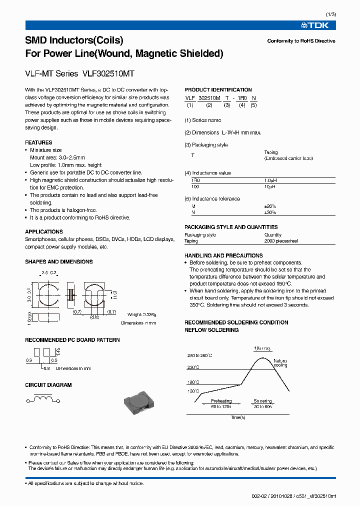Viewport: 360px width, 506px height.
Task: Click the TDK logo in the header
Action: coord(322,25)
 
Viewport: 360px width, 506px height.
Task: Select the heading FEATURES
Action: coord(38,142)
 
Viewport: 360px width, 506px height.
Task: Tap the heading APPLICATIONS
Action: coord(44,231)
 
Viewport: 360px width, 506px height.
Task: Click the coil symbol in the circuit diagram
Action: coord(42,399)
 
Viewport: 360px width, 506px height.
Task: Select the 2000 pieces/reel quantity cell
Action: coord(281,241)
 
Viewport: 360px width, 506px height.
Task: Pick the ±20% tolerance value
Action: coord(270,206)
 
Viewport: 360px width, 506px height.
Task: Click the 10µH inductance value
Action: coord(269,186)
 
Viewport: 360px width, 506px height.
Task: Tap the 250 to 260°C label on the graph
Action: coord(200,355)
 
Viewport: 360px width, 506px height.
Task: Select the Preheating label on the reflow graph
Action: coord(221,400)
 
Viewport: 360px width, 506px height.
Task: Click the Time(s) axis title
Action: coord(238,417)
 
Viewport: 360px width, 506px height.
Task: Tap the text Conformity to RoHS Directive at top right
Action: coord(301,41)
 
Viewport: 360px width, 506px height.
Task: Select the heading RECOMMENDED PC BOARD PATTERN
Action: coord(72,340)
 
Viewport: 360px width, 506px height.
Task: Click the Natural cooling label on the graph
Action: coord(281,362)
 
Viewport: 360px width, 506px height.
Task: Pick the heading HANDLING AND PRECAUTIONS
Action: coord(223,255)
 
